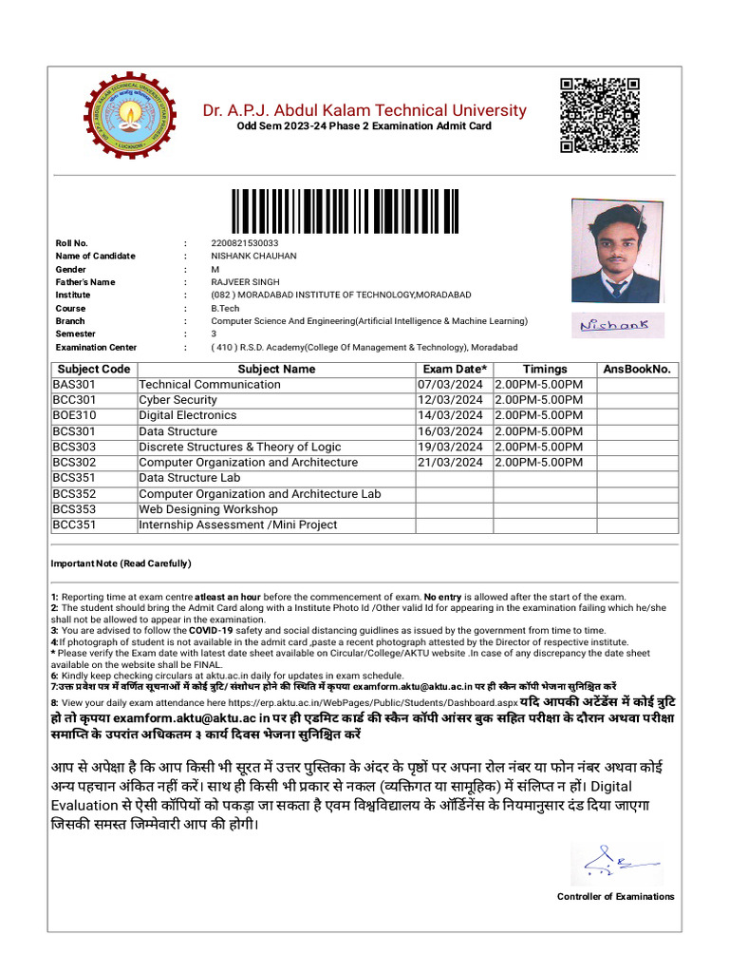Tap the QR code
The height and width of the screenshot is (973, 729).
point(599,115)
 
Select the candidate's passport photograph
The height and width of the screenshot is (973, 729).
point(618,250)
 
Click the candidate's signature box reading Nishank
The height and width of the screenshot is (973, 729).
point(616,325)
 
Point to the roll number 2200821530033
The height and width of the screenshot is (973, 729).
point(245,243)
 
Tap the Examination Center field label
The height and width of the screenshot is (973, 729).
point(96,348)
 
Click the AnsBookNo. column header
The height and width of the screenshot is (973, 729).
point(636,369)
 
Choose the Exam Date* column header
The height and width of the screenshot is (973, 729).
point(455,369)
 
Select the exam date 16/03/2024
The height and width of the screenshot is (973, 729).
point(451,431)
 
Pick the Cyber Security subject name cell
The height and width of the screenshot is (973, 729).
point(178,400)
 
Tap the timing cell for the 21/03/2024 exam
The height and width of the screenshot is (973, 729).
point(539,463)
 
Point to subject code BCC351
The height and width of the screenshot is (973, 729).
point(75,525)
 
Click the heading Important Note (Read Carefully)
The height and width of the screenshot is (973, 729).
point(121,563)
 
